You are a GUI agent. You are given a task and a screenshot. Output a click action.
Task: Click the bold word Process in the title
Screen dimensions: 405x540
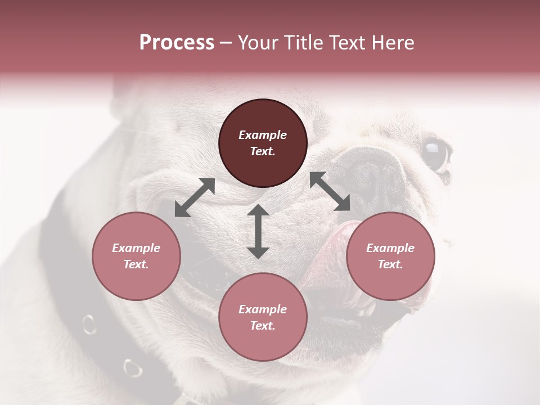pos(177,43)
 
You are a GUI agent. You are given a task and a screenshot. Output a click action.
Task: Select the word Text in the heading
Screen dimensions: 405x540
pos(345,43)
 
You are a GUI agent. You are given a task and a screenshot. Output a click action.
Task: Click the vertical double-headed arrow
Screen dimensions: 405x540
pos(258,231)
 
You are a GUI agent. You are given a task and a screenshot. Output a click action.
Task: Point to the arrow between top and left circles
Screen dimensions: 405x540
pos(195,197)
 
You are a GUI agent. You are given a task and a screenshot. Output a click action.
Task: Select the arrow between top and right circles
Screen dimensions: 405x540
pos(330,191)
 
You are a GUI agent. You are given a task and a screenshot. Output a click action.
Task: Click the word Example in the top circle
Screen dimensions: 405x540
pos(263,135)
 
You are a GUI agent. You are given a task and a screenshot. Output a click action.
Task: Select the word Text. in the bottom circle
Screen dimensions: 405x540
pos(263,326)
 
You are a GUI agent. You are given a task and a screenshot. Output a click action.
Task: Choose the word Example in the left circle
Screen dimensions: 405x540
pos(136,248)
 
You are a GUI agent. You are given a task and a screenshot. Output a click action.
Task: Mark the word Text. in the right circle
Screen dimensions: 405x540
pos(390,264)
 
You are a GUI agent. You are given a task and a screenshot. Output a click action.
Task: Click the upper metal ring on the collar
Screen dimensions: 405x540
pos(89,324)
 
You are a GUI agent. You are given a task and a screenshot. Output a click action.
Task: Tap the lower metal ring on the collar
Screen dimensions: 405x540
pos(133,368)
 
